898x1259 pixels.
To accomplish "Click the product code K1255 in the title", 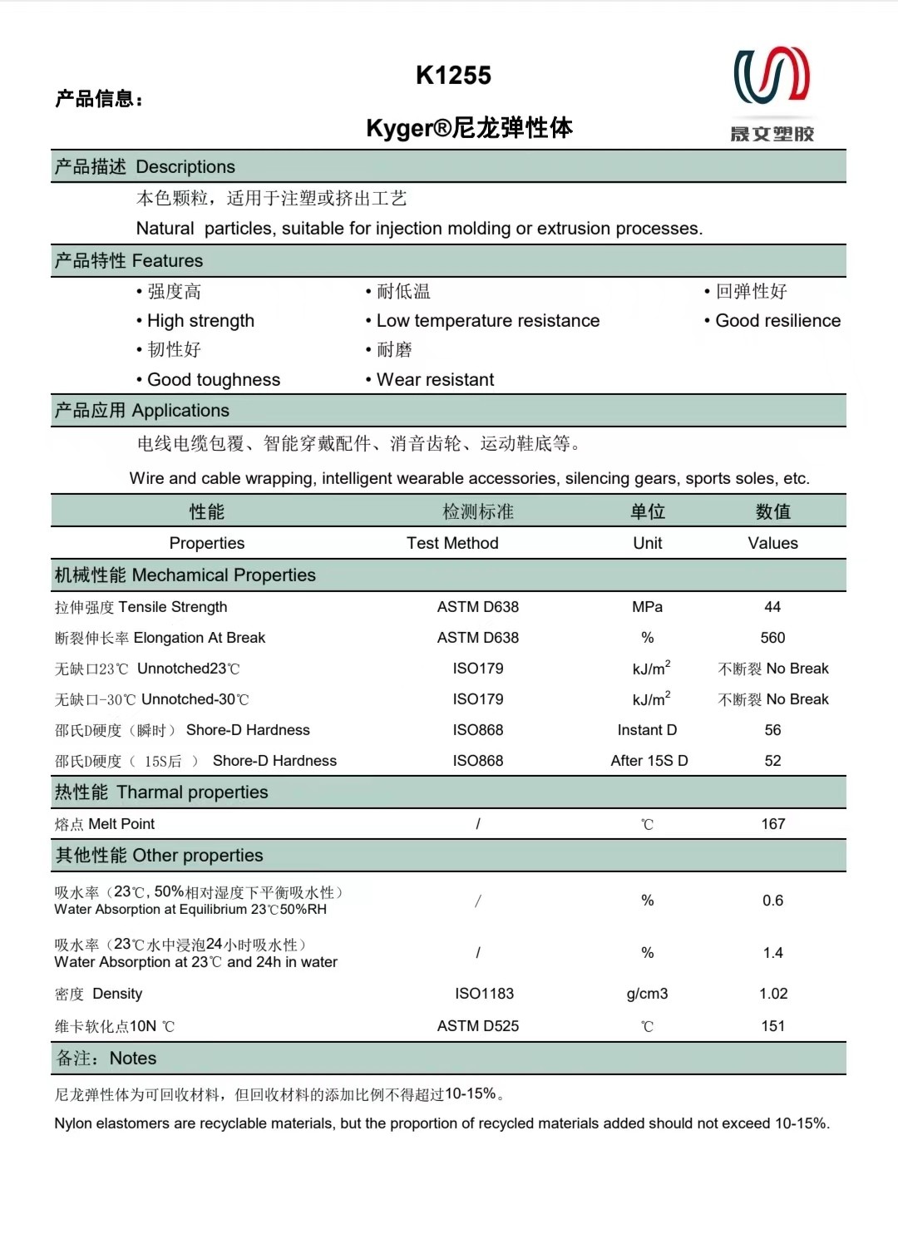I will point(453,76).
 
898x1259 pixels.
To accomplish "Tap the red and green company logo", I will point(772,77).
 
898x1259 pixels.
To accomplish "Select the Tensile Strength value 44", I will point(772,607).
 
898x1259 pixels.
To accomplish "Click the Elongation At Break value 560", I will point(772,638).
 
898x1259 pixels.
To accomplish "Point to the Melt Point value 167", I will point(772,824).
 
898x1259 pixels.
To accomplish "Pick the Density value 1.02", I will point(772,994).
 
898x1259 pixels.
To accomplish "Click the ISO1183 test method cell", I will point(484,994).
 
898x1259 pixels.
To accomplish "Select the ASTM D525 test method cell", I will point(478,1026).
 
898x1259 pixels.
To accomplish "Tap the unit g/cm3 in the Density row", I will point(647,994).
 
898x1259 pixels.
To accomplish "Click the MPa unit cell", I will point(647,607).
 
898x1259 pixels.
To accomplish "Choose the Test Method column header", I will point(452,543).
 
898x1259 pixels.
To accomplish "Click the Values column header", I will point(772,543).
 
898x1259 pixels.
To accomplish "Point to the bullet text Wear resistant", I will point(435,380).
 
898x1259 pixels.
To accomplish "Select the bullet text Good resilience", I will point(777,321).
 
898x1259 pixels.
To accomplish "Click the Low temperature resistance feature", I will point(487,321).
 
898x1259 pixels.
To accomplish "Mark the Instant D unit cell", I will point(647,730).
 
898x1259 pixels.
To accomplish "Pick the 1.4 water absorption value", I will point(772,953).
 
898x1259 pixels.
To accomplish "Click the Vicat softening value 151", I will point(772,1026).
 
